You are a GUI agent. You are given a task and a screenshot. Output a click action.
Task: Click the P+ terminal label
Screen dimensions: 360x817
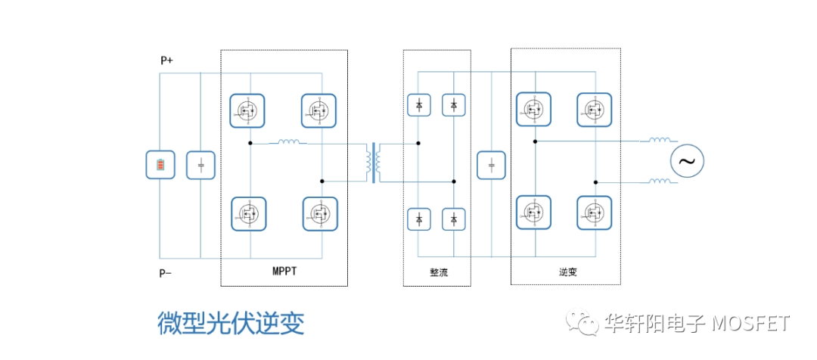pyautogui.click(x=166, y=60)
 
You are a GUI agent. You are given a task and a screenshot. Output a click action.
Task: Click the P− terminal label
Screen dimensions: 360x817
pyautogui.click(x=166, y=274)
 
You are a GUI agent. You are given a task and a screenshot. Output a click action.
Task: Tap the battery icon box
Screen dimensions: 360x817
pyautogui.click(x=160, y=165)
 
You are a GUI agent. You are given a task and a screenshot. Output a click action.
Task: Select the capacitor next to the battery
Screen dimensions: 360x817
pyautogui.click(x=200, y=165)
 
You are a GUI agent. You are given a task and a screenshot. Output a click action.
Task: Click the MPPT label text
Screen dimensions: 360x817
pyautogui.click(x=285, y=271)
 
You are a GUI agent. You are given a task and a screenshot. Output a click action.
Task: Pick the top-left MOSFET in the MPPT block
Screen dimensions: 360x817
pyautogui.click(x=247, y=110)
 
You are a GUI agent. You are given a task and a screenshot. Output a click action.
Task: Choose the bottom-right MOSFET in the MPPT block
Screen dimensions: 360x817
pyautogui.click(x=319, y=214)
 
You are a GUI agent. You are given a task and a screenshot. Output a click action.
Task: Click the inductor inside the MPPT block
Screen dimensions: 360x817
pyautogui.click(x=290, y=141)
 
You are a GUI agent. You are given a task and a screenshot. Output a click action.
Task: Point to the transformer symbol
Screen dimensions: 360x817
pyautogui.click(x=372, y=162)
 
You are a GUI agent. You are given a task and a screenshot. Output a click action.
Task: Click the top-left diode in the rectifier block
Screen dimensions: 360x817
pyautogui.click(x=419, y=105)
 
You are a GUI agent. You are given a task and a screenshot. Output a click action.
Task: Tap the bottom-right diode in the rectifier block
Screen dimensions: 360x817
pyautogui.click(x=454, y=219)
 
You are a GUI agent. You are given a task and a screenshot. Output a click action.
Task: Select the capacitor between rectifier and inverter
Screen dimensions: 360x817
pyautogui.click(x=491, y=165)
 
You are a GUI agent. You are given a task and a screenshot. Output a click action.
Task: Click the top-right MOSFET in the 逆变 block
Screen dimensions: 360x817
pyautogui.click(x=595, y=110)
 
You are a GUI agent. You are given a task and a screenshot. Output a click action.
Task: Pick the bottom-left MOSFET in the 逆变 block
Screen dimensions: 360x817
pyautogui.click(x=533, y=213)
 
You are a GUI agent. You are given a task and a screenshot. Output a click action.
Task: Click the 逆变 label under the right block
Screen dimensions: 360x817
pyautogui.click(x=567, y=272)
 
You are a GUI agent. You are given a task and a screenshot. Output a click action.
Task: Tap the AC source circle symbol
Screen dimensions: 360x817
pyautogui.click(x=687, y=161)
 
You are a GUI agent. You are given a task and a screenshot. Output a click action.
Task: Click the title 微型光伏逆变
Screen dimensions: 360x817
pyautogui.click(x=231, y=322)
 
